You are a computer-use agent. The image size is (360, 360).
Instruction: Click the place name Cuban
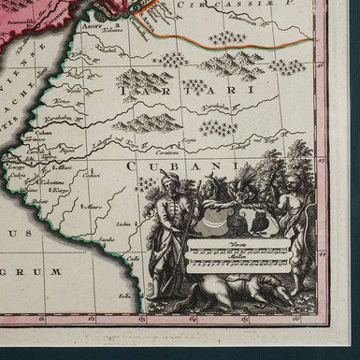(x=45, y=134)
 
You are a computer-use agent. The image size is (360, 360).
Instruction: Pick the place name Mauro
(x=93, y=206)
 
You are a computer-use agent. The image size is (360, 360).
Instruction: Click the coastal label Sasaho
(x=108, y=239)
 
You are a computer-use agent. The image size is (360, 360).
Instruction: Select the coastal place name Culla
(x=133, y=259)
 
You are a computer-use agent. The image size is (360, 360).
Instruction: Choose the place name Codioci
(x=91, y=175)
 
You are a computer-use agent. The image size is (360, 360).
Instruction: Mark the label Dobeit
(x=38, y=200)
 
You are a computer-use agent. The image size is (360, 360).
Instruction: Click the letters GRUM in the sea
(x=42, y=271)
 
